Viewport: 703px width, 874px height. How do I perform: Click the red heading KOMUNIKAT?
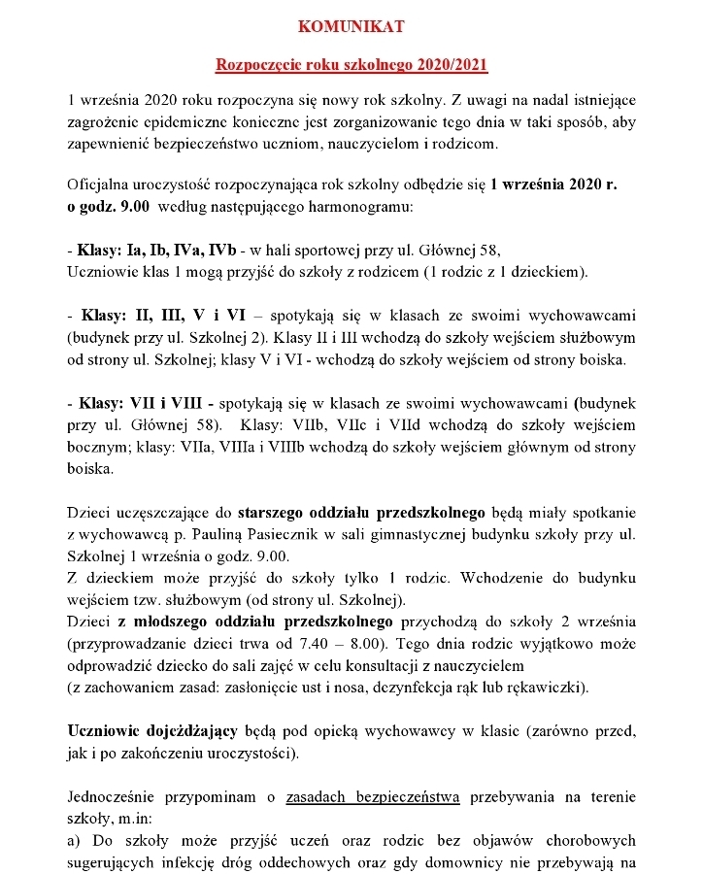click(x=351, y=26)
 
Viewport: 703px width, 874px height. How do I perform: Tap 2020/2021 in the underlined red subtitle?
click(x=452, y=65)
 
